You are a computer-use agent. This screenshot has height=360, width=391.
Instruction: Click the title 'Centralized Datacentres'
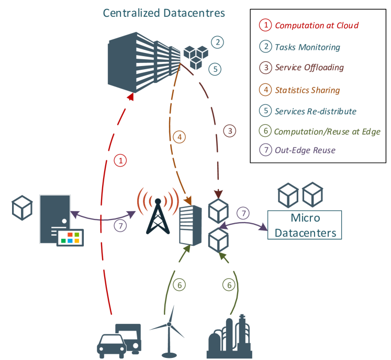(x=164, y=13)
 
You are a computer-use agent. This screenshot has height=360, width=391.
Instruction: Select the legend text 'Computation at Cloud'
(x=317, y=25)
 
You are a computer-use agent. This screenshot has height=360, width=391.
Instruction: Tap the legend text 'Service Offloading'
(x=309, y=68)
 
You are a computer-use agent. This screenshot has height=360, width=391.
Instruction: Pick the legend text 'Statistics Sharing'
(x=307, y=90)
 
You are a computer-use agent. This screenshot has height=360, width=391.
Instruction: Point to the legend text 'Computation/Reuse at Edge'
(x=327, y=132)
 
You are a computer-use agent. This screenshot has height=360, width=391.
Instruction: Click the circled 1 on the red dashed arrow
(x=120, y=161)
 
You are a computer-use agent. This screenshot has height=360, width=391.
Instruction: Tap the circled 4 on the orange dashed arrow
(x=179, y=137)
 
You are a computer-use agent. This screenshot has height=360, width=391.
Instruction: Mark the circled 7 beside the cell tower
(x=120, y=225)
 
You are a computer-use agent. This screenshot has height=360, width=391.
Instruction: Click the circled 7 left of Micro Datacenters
(x=243, y=213)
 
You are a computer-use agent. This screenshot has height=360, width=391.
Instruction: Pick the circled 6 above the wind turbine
(x=179, y=285)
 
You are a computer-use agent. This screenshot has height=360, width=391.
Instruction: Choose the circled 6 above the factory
(x=228, y=285)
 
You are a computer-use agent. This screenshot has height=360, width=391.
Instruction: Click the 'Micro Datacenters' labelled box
(x=304, y=225)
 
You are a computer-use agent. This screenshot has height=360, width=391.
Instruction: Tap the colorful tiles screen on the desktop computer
(x=70, y=237)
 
